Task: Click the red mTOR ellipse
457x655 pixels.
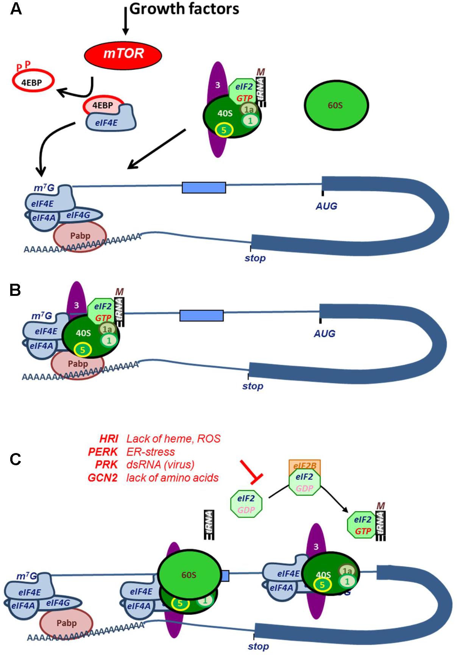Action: pos(123,54)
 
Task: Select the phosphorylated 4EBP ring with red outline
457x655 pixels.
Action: pos(33,81)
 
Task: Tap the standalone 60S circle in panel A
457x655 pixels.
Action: pos(336,105)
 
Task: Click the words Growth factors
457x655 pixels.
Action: pos(184,9)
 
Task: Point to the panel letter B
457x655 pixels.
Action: pos(15,291)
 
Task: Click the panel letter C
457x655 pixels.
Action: pos(16,459)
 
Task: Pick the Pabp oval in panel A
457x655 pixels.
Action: pos(80,236)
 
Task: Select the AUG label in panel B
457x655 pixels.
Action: pos(324,334)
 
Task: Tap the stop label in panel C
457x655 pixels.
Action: pos(258,646)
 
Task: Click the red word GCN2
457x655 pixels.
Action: pos(103,478)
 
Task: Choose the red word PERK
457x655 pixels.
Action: pos(103,452)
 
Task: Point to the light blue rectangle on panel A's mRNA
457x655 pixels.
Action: pos(204,188)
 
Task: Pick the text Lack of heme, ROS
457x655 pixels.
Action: pos(173,439)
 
